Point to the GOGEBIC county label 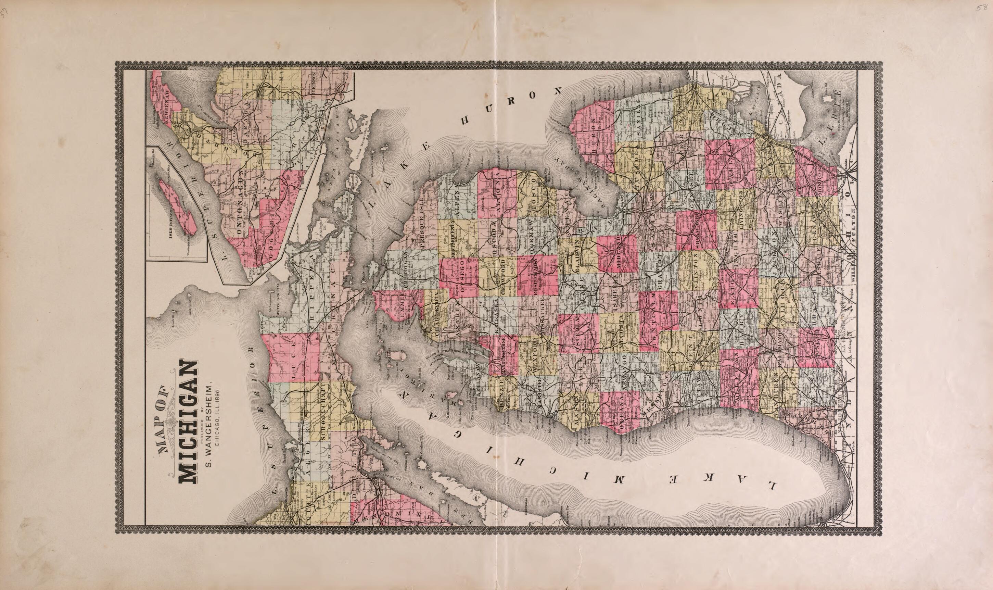[271, 230]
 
